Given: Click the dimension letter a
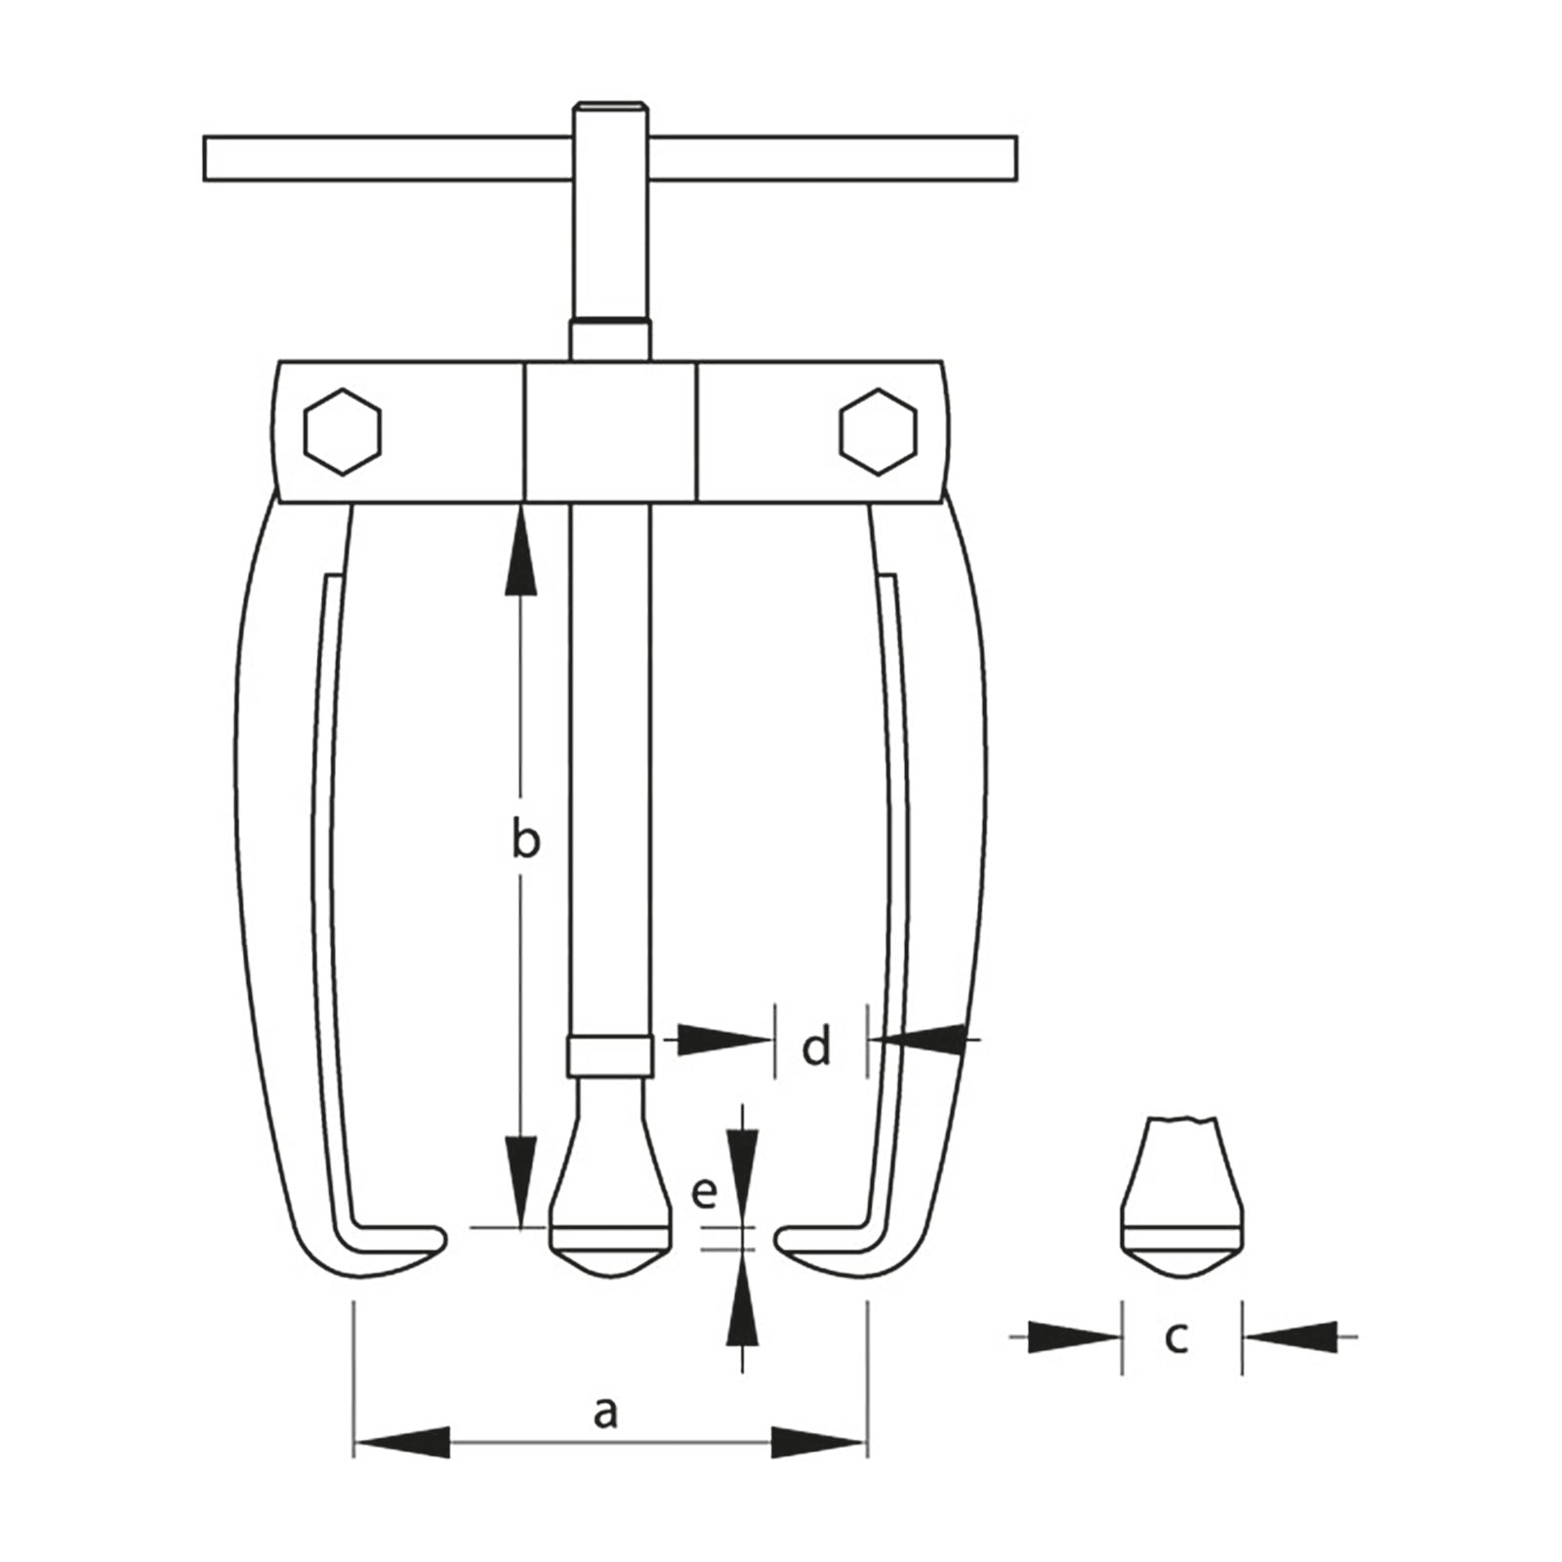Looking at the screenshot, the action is point(605,1412).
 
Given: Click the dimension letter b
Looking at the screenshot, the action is point(525,839).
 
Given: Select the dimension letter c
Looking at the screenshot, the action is point(1176,1336).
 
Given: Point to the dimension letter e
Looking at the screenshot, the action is point(704,1192).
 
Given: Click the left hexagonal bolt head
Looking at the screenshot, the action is point(342,432).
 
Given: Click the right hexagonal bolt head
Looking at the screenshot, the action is point(878,432).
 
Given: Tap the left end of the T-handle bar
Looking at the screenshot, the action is point(206,158).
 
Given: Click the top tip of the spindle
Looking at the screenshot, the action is point(610,104).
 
